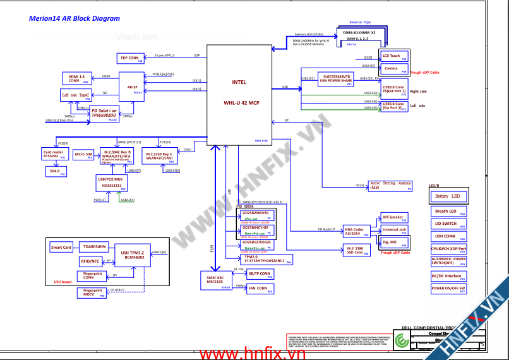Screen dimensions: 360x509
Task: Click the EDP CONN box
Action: click(129, 58)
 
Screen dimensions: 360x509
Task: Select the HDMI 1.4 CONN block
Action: click(75, 78)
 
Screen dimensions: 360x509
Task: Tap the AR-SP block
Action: click(133, 87)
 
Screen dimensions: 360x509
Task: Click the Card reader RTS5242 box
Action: click(54, 154)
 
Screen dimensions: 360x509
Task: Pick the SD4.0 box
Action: click(54, 171)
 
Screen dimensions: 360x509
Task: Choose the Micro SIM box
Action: click(83, 155)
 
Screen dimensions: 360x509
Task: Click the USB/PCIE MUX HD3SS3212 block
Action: click(111, 184)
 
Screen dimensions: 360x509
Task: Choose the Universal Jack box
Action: click(395, 230)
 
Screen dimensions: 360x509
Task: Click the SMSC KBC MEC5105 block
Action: click(215, 280)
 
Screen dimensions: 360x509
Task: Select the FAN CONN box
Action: click(258, 289)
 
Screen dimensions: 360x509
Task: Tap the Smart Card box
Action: click(61, 248)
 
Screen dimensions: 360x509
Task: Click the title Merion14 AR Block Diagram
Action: click(75, 18)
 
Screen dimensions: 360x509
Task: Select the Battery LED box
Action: click(449, 196)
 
